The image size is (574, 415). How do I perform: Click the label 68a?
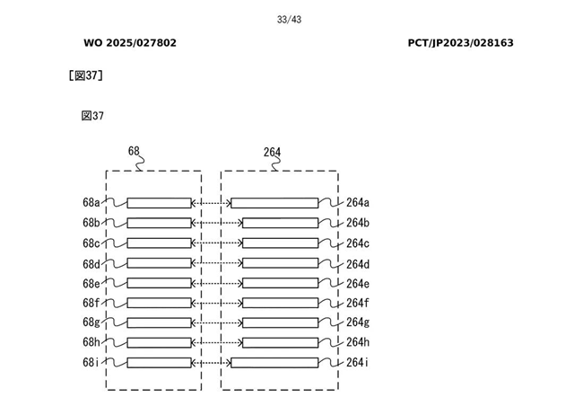point(91,203)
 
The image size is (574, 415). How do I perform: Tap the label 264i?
point(358,363)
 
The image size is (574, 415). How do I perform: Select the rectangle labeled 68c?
point(160,243)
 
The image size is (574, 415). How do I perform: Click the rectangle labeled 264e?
point(280,283)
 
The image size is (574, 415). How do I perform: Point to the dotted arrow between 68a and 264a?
point(212,203)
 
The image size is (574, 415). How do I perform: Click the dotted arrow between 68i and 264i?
point(212,363)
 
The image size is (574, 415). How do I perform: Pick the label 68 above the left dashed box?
point(134,151)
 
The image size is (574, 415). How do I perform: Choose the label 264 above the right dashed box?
point(272,152)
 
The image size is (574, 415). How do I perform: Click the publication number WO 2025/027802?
point(130,43)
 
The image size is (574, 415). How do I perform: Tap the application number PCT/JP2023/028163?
point(460,43)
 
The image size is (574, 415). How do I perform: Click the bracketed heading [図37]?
point(86,75)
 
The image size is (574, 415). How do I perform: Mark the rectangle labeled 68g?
point(160,322)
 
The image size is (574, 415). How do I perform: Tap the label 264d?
point(358,263)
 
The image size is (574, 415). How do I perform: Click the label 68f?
point(91,303)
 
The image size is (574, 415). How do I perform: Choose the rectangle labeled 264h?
point(280,342)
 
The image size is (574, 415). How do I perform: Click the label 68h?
point(91,342)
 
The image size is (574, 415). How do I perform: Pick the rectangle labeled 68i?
point(160,363)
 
